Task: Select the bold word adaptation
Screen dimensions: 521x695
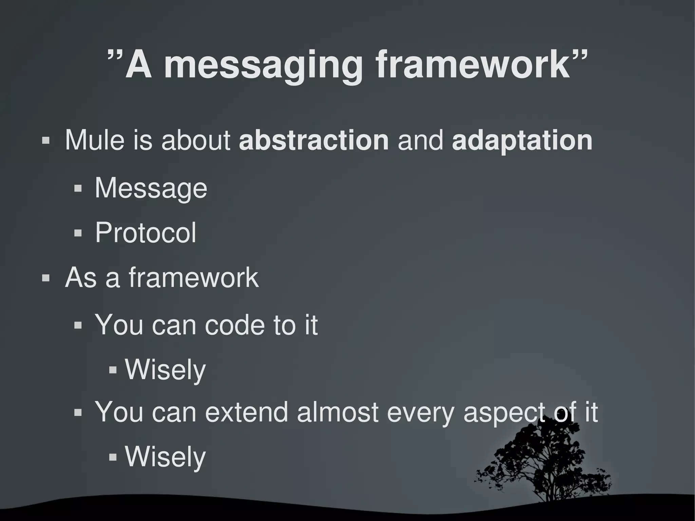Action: (522, 141)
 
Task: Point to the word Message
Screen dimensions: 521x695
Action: (151, 188)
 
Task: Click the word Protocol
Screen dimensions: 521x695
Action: (146, 233)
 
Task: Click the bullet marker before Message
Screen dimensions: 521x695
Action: (78, 188)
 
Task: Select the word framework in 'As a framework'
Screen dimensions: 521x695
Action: (193, 278)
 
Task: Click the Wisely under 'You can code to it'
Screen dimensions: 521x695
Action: (165, 370)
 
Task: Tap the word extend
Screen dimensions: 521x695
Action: (246, 412)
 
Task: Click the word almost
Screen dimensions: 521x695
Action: (338, 412)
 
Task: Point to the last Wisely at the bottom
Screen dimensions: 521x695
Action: (165, 457)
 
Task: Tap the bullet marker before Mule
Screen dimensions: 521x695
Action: (45, 141)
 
